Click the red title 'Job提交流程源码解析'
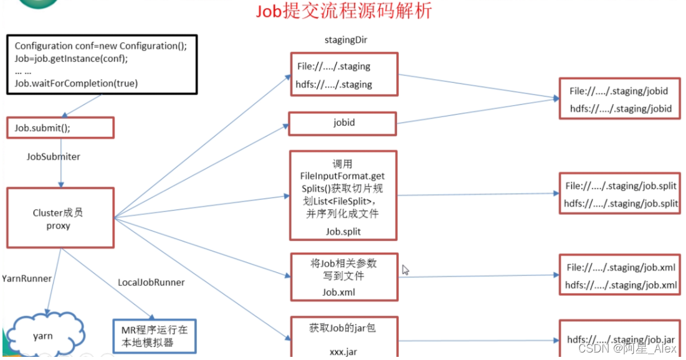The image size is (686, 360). tap(344, 11)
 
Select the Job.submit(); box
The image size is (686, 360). tap(60, 128)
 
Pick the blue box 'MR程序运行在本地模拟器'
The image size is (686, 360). tap(155, 336)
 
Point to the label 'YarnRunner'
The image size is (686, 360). tap(26, 278)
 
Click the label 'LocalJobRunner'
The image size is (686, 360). tap(151, 282)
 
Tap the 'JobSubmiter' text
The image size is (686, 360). tap(54, 157)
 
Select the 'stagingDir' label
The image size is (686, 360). tap(345, 40)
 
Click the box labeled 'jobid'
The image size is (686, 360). tap(343, 123)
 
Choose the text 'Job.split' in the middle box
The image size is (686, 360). tap(343, 231)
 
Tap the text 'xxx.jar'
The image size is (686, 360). tap(343, 352)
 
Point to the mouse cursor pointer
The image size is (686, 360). tap(406, 270)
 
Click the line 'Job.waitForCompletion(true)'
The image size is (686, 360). tap(76, 83)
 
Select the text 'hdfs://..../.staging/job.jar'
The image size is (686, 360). tap(621, 339)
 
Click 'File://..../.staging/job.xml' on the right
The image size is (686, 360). tap(621, 268)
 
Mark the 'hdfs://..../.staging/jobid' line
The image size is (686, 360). tap(621, 108)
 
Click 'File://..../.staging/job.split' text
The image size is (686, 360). tap(621, 186)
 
